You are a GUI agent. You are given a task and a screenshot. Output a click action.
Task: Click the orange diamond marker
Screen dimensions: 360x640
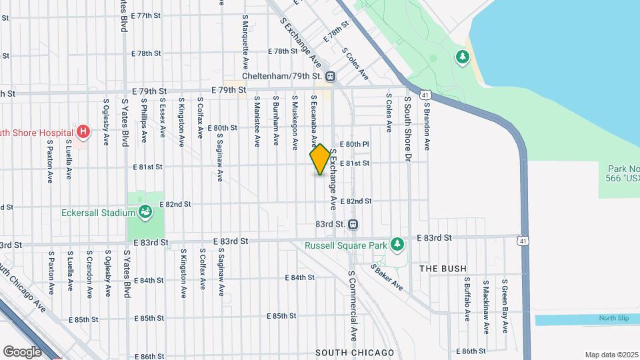point(320,160)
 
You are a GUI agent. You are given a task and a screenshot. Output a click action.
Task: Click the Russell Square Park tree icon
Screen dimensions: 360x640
point(397,245)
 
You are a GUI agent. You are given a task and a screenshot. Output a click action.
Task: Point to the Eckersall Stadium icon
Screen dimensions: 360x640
point(145,213)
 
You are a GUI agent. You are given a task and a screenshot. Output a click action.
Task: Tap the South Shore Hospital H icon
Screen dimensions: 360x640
point(83,132)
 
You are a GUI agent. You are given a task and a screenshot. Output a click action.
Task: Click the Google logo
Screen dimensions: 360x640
point(23,351)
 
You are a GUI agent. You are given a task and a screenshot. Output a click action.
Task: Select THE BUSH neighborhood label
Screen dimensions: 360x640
point(443,268)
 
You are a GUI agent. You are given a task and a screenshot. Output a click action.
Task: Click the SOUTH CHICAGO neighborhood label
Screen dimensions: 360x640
point(354,352)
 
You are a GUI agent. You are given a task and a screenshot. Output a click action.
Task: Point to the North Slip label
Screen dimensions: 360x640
point(613,319)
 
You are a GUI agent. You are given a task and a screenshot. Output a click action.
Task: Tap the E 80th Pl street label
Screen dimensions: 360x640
point(355,144)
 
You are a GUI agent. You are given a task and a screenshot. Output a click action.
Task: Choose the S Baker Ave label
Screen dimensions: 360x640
point(389,278)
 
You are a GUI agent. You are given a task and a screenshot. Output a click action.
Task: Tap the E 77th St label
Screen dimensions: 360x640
point(147,15)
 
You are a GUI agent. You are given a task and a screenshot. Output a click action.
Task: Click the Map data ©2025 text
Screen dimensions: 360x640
point(611,355)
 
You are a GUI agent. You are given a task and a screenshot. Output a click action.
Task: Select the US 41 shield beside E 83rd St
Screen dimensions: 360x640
point(521,239)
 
